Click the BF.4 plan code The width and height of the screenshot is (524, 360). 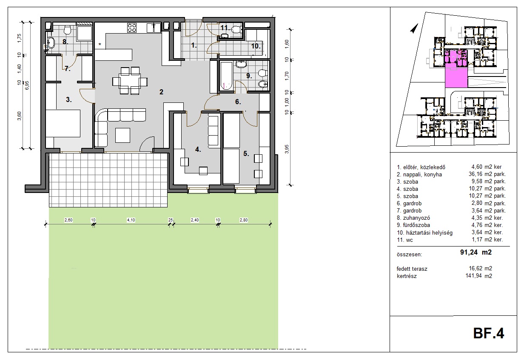click(x=488, y=333)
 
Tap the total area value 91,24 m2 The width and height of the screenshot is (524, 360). click(x=476, y=252)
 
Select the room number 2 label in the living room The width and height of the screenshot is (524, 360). click(x=161, y=92)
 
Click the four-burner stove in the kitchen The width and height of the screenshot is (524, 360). click(x=132, y=28)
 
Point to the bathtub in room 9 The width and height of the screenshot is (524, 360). click(x=226, y=76)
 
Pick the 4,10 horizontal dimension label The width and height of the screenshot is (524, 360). click(x=131, y=220)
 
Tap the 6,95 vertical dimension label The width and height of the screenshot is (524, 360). click(x=27, y=85)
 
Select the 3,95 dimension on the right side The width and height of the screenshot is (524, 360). click(x=287, y=149)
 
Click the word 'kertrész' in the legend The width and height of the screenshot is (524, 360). click(x=407, y=276)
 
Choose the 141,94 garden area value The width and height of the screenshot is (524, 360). click(x=479, y=276)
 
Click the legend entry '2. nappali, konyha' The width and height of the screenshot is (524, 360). click(x=419, y=175)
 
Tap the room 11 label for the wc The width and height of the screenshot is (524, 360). click(x=225, y=28)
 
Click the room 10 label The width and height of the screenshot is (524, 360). click(x=256, y=46)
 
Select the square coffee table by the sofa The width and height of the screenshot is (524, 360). click(x=122, y=135)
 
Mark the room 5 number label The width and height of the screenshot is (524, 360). click(x=246, y=153)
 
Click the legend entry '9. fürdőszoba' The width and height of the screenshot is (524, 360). click(x=413, y=225)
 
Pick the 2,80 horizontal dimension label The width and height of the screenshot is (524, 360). click(x=244, y=220)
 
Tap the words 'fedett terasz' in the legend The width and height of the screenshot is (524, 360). click(x=412, y=269)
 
